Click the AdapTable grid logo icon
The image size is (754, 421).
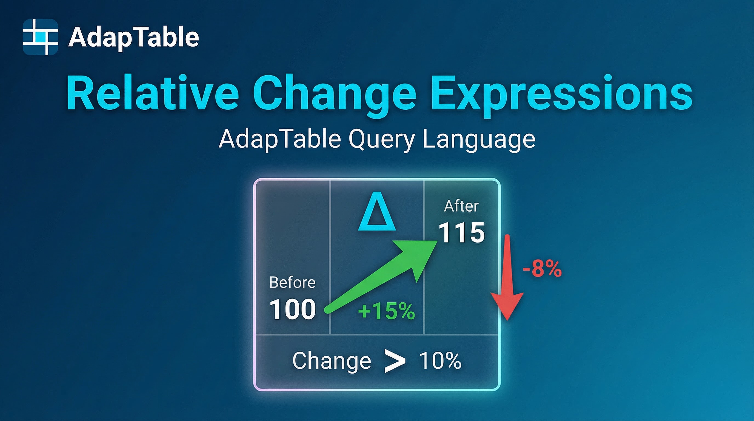pyautogui.click(x=40, y=37)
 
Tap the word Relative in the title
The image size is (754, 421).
pyautogui.click(x=153, y=93)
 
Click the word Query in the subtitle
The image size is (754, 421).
pyautogui.click(x=382, y=140)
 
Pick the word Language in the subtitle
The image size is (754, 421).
pyautogui.click(x=479, y=140)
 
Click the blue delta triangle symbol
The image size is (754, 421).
pyautogui.click(x=377, y=211)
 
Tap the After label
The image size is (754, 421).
pyautogui.click(x=461, y=206)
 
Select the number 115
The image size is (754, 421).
pyautogui.click(x=461, y=232)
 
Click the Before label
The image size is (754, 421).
pyautogui.click(x=292, y=283)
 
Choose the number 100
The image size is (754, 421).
pyautogui.click(x=292, y=309)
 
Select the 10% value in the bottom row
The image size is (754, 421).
pyautogui.click(x=440, y=361)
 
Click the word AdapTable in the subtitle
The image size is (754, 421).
pyautogui.click(x=279, y=139)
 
